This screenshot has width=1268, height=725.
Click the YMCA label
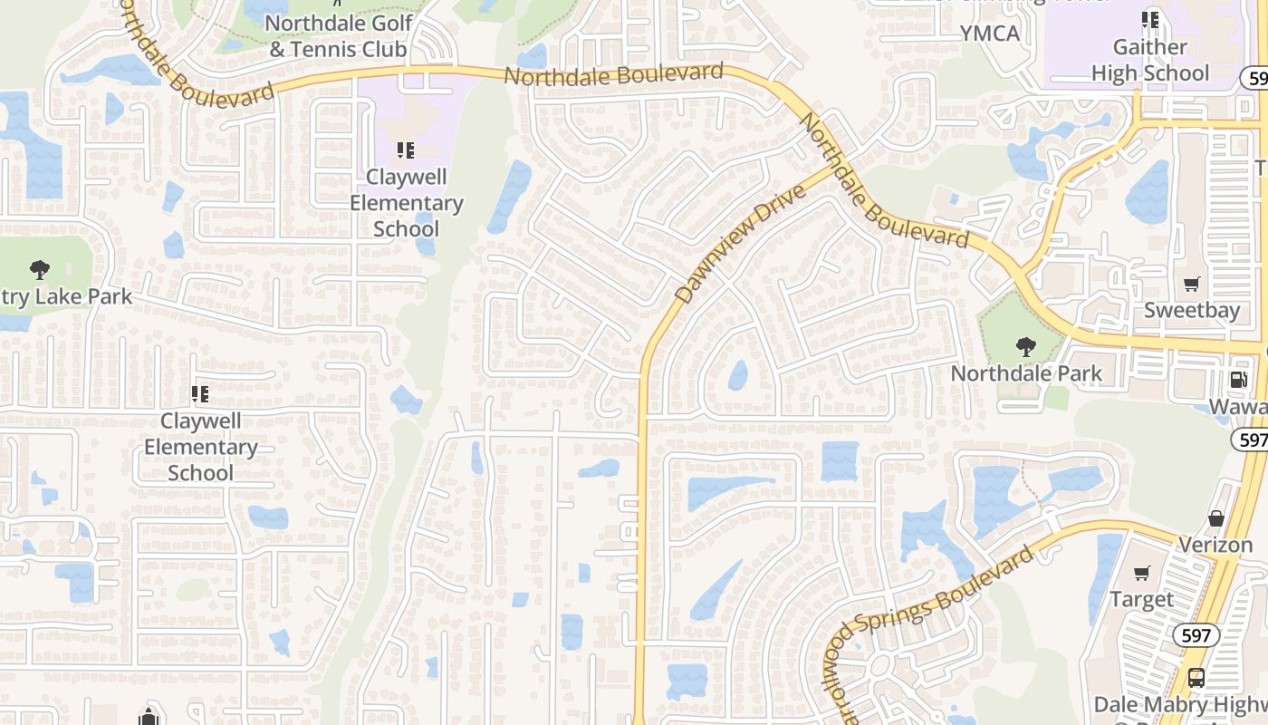tap(990, 34)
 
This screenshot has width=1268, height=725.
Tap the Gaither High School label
tap(1149, 60)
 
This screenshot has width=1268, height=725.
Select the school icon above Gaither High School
tap(1150, 19)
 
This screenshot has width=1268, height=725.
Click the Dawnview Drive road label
tap(740, 245)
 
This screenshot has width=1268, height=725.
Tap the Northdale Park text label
tap(1026, 372)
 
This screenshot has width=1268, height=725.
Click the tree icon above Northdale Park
tap(1025, 347)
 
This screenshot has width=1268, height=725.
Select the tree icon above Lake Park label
tap(39, 269)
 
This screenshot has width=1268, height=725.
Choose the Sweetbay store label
tap(1191, 310)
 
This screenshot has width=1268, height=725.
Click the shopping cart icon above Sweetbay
tap(1192, 285)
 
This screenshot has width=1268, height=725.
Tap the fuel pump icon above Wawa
tap(1237, 380)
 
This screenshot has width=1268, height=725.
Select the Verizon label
tap(1215, 545)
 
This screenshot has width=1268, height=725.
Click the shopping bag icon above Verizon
tap(1216, 519)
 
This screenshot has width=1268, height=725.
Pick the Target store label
tap(1141, 599)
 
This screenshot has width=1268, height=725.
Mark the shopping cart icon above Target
tap(1142, 573)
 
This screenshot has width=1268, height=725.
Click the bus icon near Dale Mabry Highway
tap(1196, 677)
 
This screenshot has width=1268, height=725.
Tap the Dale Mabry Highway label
tap(1177, 705)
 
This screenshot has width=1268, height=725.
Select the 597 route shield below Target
tap(1196, 636)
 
